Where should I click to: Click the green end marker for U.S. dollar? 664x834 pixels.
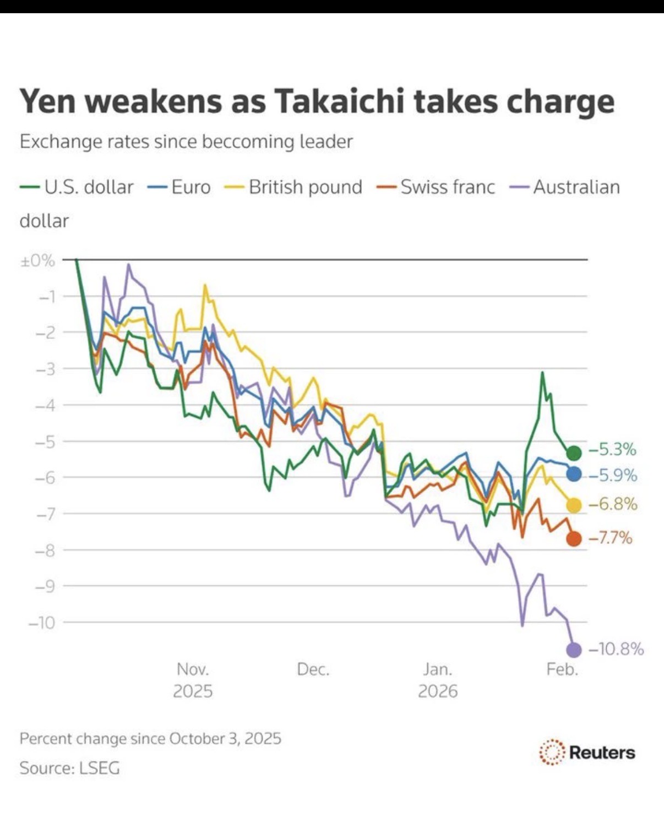[x=574, y=453]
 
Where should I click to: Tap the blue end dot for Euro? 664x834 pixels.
[x=574, y=473]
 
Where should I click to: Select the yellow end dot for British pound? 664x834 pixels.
[x=574, y=505]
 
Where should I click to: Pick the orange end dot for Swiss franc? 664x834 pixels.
[x=574, y=538]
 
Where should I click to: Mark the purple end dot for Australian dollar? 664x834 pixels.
[x=574, y=650]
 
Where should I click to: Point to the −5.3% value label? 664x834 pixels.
[x=613, y=450]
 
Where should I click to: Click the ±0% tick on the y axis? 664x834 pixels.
[x=37, y=260]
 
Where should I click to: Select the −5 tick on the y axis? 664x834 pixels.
[x=45, y=441]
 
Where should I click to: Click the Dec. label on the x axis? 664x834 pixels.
[x=313, y=669]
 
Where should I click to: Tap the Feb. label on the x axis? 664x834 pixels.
[x=562, y=669]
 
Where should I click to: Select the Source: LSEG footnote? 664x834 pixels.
[x=69, y=768]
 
